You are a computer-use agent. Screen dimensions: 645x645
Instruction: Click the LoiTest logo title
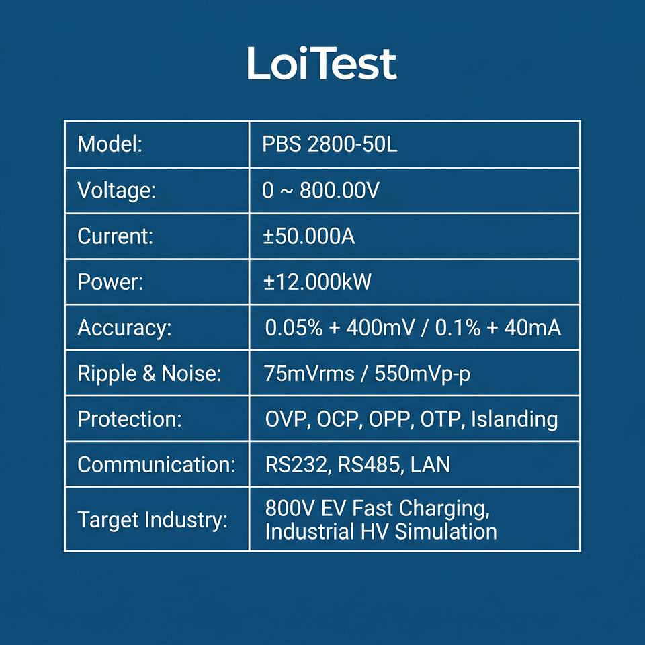tap(322, 63)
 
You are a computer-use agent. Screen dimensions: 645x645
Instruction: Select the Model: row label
tap(110, 144)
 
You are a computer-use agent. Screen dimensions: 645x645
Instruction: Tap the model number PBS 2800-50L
tap(329, 144)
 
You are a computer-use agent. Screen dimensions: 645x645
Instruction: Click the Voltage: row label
tap(117, 191)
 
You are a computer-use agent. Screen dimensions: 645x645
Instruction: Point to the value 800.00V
tap(339, 190)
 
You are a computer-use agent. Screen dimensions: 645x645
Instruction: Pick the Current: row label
tap(115, 236)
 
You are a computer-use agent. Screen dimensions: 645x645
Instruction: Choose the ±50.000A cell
tap(309, 236)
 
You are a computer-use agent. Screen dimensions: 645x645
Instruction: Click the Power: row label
tap(110, 282)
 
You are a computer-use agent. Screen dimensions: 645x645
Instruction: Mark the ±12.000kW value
tap(317, 282)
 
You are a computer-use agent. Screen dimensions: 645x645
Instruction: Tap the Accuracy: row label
tap(124, 329)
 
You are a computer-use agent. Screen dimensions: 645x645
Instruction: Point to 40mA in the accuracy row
tap(532, 327)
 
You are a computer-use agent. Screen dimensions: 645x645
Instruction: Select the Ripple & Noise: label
tap(149, 374)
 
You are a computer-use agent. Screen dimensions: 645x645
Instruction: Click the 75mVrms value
tap(309, 374)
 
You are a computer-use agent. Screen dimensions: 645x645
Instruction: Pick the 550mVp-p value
tap(422, 374)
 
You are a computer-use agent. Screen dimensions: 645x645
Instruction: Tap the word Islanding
tap(514, 419)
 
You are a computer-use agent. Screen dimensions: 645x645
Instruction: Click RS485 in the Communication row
tap(368, 465)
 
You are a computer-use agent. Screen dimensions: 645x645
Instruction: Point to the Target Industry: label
tap(153, 520)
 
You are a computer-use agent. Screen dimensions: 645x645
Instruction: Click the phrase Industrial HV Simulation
tap(381, 531)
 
